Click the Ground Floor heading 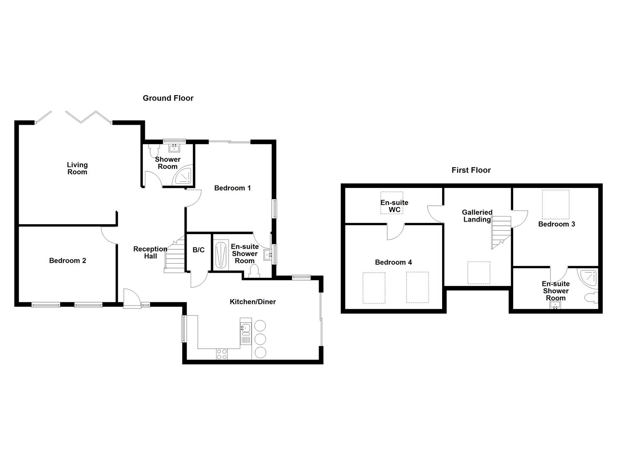click(x=168, y=98)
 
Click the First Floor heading click(x=471, y=170)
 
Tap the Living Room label click(x=77, y=168)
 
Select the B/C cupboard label click(x=198, y=250)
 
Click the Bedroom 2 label click(x=67, y=261)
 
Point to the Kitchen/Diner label click(x=253, y=302)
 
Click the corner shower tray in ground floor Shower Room click(x=183, y=176)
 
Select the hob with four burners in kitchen click(x=222, y=354)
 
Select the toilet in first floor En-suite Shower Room click(x=590, y=297)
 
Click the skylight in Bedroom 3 click(x=556, y=204)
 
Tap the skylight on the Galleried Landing click(x=478, y=273)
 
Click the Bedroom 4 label click(x=393, y=262)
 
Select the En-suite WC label click(x=394, y=206)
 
